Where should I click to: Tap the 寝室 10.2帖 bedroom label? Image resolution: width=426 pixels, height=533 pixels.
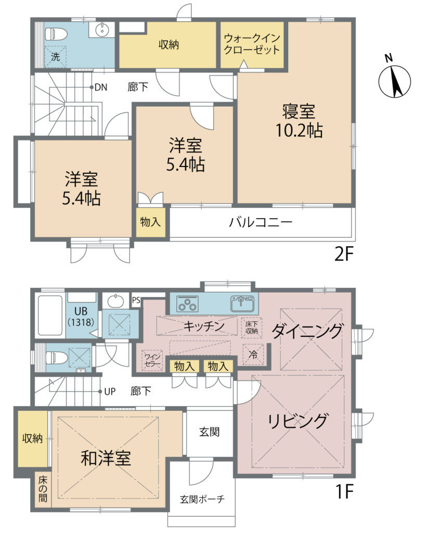tap(299, 121)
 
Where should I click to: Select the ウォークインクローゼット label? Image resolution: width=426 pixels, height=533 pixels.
tap(252, 44)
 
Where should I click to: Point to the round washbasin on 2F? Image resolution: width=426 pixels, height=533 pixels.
tap(102, 30)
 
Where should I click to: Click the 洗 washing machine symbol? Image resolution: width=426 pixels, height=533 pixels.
tap(55, 56)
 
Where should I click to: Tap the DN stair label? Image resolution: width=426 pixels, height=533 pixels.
tap(100, 87)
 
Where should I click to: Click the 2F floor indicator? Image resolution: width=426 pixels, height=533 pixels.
tap(344, 254)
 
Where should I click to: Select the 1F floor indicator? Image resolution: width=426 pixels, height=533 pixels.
tap(345, 491)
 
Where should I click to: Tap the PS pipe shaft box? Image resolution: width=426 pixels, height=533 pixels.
tap(136, 300)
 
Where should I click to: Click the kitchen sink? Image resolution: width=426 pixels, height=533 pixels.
tap(242, 303)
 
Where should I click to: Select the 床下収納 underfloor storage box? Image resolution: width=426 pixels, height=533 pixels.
tap(252, 328)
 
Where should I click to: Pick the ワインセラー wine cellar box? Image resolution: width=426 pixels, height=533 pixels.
tap(152, 360)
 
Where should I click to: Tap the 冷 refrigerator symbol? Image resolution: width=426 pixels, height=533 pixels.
tap(253, 354)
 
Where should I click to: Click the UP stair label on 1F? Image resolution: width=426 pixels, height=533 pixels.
tap(110, 391)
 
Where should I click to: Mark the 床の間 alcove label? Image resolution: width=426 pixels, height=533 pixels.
tap(43, 489)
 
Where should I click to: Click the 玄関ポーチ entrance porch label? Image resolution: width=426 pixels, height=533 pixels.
tap(202, 499)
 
